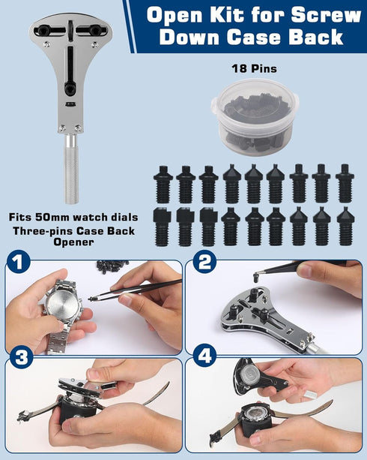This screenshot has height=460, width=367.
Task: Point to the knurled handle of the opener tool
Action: pos(69,169)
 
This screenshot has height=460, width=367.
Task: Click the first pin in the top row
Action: pos(163,183)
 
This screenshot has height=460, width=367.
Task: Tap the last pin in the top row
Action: pos(345,183)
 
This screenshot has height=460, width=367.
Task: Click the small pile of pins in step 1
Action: pos(112,266)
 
